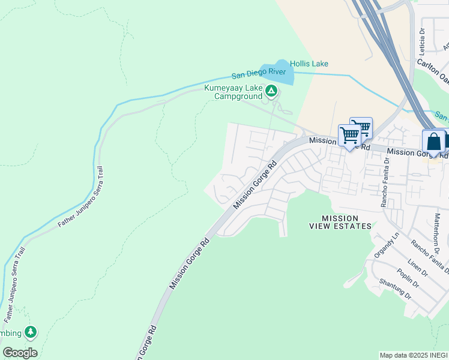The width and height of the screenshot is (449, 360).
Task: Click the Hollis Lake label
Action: tap(309, 64)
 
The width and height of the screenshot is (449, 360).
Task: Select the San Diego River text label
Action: tap(259, 74)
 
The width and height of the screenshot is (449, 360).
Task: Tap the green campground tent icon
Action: tap(271, 91)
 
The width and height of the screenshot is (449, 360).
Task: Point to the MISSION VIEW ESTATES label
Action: tap(340, 222)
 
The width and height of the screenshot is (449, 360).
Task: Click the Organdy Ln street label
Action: tap(387, 245)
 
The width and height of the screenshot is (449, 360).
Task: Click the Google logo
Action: tap(20, 353)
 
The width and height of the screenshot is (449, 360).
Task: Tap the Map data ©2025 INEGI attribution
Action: tap(413, 355)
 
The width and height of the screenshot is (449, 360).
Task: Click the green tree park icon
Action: tap(31, 332)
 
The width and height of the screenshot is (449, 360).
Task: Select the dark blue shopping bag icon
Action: tap(434, 142)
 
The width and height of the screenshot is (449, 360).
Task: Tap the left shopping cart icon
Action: tap(349, 135)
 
